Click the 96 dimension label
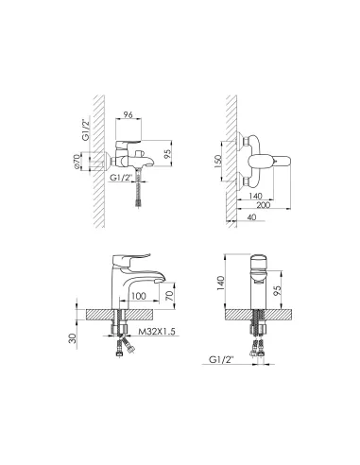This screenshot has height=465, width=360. pyautogui.click(x=128, y=114)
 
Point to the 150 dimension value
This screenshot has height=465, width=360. pyautogui.click(x=218, y=161)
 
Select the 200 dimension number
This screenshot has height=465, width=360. pyautogui.click(x=264, y=205)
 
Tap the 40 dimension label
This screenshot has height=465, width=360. pyautogui.click(x=252, y=217)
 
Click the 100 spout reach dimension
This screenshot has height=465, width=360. pyautogui.click(x=139, y=296)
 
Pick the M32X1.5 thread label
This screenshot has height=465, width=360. pyautogui.click(x=157, y=331)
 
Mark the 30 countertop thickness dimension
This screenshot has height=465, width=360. pyautogui.click(x=73, y=338)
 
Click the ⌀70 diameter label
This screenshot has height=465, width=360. pyautogui.click(x=77, y=162)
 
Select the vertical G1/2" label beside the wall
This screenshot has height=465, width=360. pyautogui.click(x=86, y=129)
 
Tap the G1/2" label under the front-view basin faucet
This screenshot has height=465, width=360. pyautogui.click(x=221, y=360)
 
